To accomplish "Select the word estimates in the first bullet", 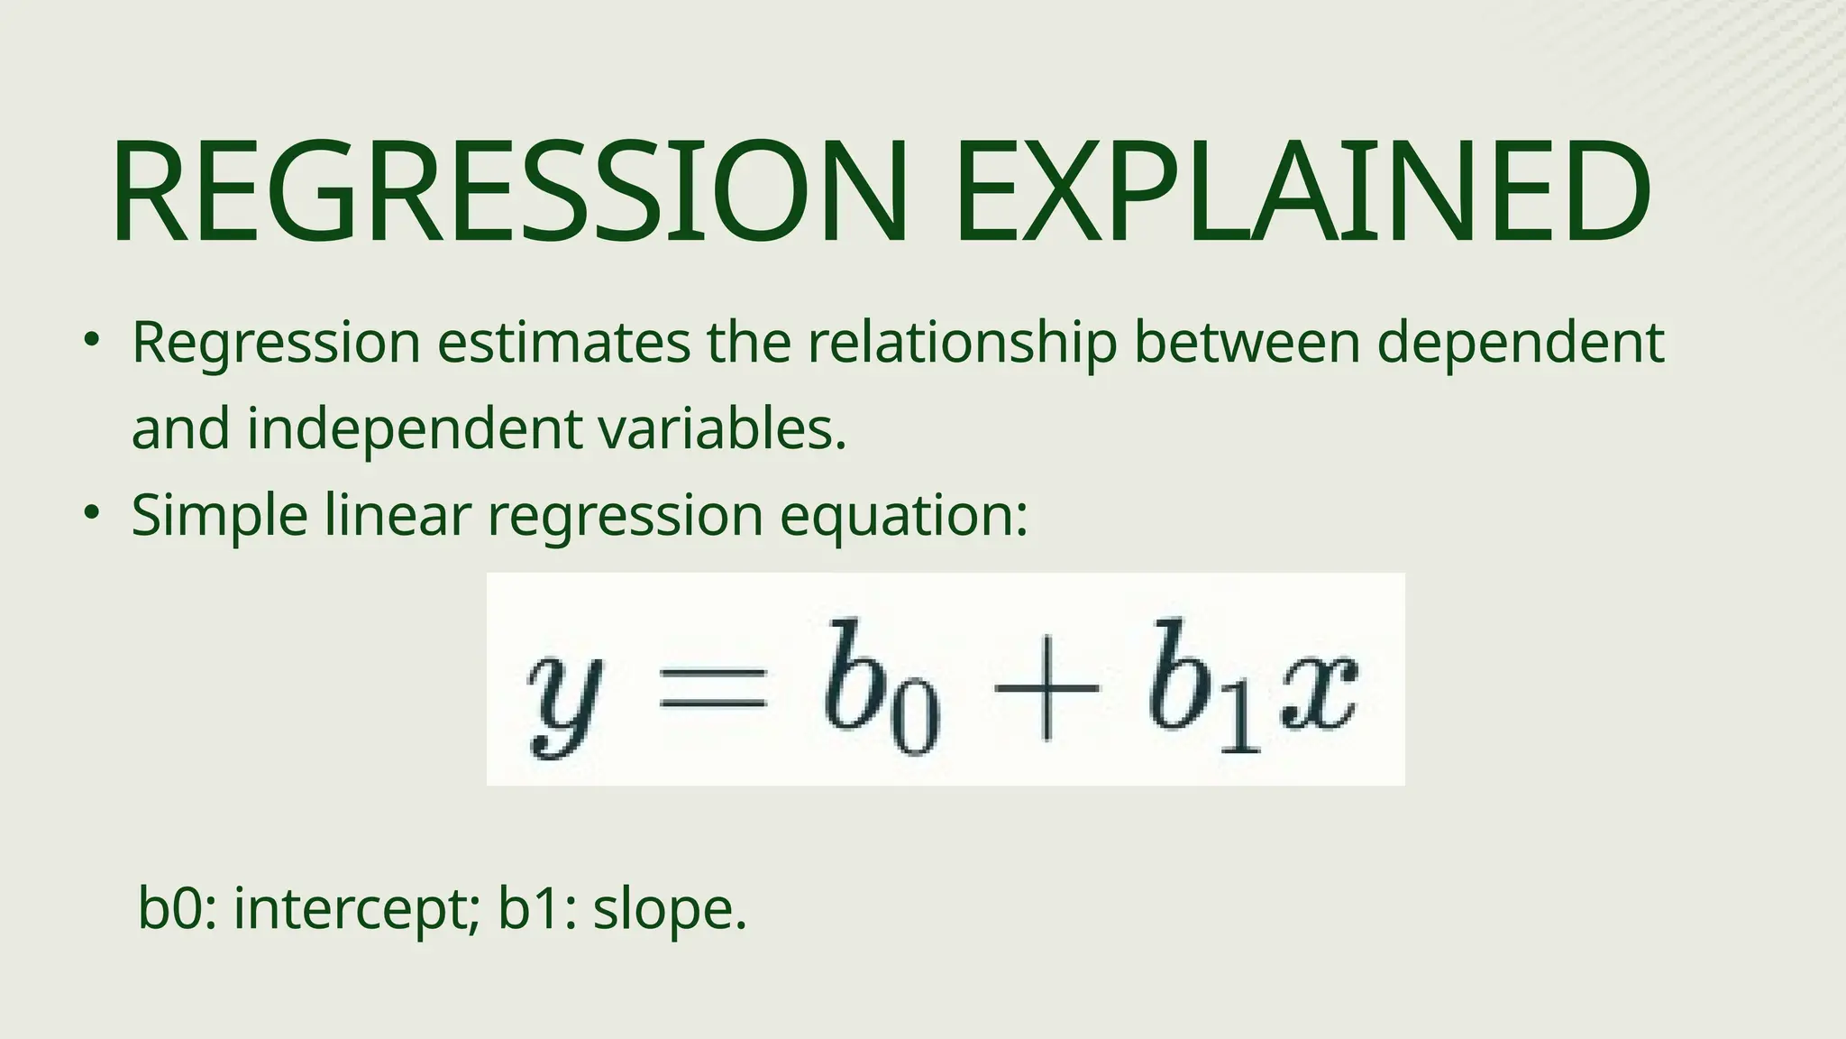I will click(563, 344).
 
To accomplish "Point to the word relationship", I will click(962, 344).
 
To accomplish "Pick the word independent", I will click(415, 429).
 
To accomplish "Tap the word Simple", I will click(220, 517).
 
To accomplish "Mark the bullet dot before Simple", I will click(90, 513).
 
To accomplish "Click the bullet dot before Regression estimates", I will click(90, 341).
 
